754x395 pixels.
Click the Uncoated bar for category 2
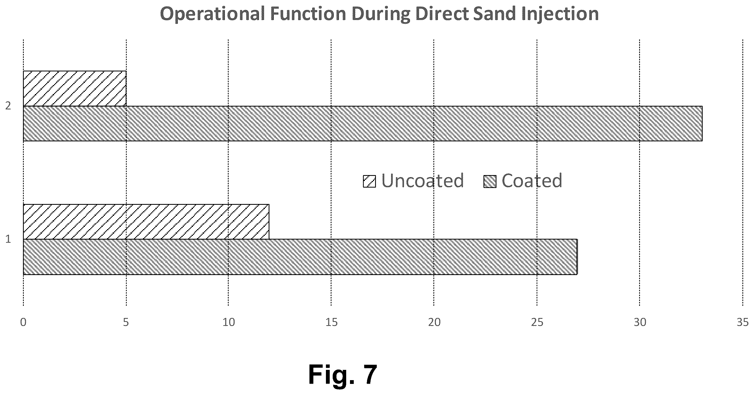pos(75,88)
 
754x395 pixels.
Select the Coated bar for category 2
pos(363,123)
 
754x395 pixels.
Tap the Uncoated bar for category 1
pos(146,222)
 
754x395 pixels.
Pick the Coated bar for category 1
pos(300,257)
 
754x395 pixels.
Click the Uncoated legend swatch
pos(369,181)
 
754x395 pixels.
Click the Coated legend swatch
pos(490,181)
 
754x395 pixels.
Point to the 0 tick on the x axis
pos(23,322)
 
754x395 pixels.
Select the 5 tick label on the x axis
pos(126,322)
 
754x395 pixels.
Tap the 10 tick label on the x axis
pos(229,322)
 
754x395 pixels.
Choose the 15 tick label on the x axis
pos(331,322)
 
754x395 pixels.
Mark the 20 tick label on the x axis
pos(434,322)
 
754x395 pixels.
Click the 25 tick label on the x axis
pos(537,322)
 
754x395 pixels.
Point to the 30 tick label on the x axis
pos(640,322)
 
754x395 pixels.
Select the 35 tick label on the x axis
pos(743,322)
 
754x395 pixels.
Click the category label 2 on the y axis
pos(8,106)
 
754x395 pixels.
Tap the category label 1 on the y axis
pos(8,239)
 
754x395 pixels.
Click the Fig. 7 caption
pos(343,375)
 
